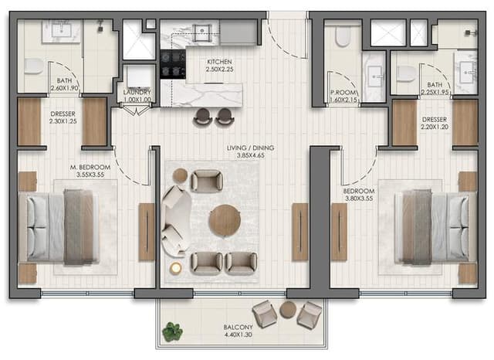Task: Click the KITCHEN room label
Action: tap(219, 62)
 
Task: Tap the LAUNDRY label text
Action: tap(137, 93)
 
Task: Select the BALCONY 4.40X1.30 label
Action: tap(239, 331)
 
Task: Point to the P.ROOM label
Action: tap(343, 93)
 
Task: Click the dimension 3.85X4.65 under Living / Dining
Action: tap(250, 155)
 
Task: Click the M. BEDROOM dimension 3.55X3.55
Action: tap(90, 175)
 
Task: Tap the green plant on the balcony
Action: tap(172, 331)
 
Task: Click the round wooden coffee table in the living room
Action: tap(225, 220)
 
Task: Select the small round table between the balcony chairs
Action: tap(287, 310)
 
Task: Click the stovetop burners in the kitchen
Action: tap(173, 64)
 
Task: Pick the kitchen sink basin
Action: tap(202, 32)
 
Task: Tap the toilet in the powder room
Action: tap(343, 36)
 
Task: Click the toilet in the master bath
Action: tap(34, 66)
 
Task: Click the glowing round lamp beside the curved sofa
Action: tap(175, 268)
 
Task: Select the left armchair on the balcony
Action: tap(265, 314)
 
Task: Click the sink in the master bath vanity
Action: tap(62, 30)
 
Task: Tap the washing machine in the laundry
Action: tap(139, 76)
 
